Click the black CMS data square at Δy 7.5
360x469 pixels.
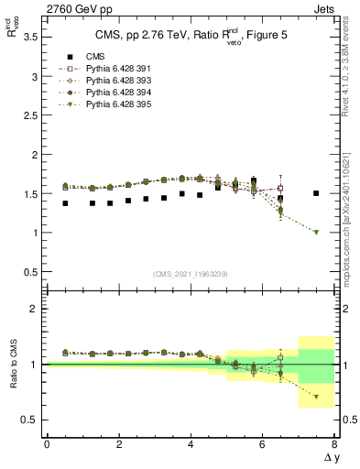[x=316, y=193]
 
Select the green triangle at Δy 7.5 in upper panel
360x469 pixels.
[x=316, y=232]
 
